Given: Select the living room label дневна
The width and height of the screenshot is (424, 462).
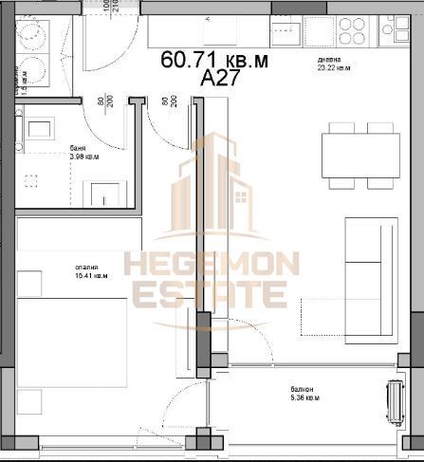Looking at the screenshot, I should click(329, 60).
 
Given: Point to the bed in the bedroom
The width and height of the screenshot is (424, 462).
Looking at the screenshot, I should click(76, 342).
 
